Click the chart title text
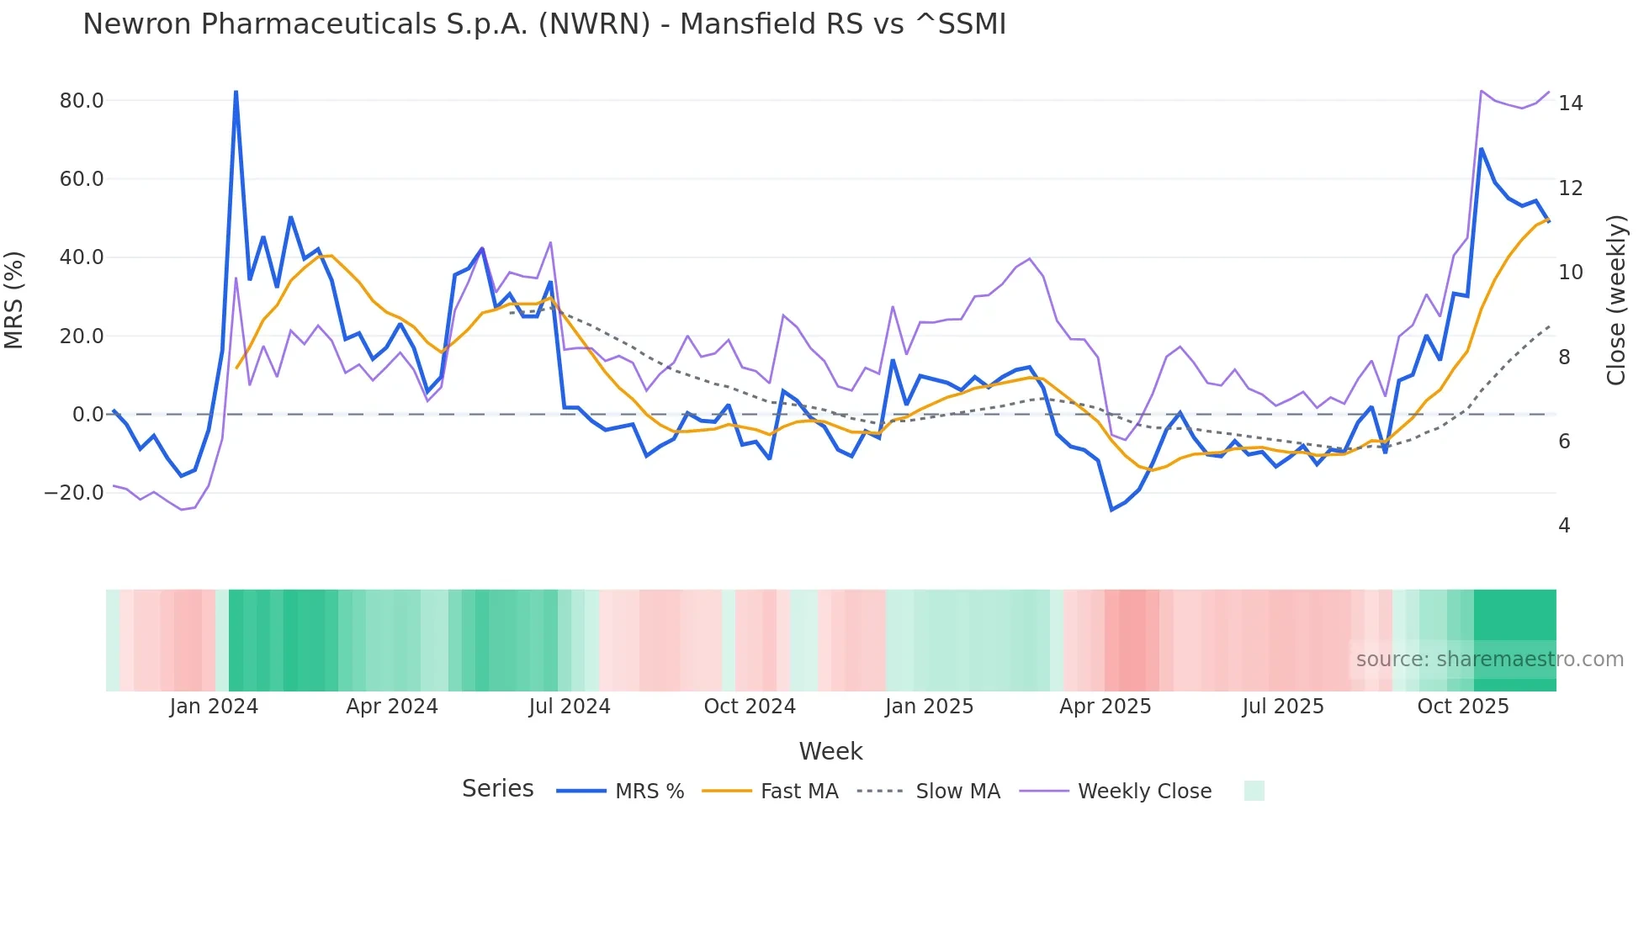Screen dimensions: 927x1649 click(543, 24)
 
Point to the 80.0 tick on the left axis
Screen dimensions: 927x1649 click(82, 101)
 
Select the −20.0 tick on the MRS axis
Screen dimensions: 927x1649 click(74, 493)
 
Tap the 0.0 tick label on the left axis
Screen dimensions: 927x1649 click(87, 415)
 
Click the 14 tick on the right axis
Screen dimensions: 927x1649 click(1570, 103)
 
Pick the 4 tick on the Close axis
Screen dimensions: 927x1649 click(1564, 526)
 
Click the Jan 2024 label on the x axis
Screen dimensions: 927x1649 click(214, 707)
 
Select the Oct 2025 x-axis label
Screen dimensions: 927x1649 click(1462, 707)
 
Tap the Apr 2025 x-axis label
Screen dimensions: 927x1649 click(1105, 707)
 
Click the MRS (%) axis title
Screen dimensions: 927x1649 click(14, 299)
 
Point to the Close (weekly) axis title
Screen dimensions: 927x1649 click(1615, 299)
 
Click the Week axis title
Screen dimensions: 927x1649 click(830, 751)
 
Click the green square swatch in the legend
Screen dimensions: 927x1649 click(1254, 791)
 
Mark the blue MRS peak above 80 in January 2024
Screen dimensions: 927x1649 click(236, 92)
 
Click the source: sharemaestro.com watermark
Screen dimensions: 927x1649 click(1489, 659)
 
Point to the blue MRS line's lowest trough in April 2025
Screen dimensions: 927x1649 click(1111, 510)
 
